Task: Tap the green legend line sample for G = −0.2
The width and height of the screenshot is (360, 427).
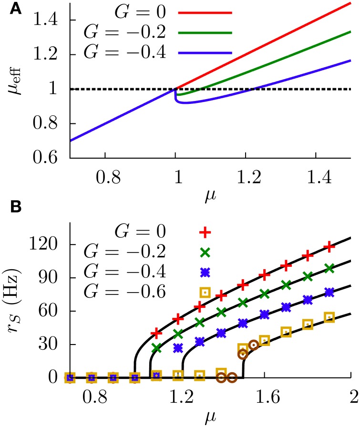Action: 205,33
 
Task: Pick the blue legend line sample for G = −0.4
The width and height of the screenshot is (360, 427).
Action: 205,53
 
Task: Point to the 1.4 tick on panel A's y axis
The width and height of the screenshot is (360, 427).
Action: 50,20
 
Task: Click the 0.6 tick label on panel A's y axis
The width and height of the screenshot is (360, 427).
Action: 50,158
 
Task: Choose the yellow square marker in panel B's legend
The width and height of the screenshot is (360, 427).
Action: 205,292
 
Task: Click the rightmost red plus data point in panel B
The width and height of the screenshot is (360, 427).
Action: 329,247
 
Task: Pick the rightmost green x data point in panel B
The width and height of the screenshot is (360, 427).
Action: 329,269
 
